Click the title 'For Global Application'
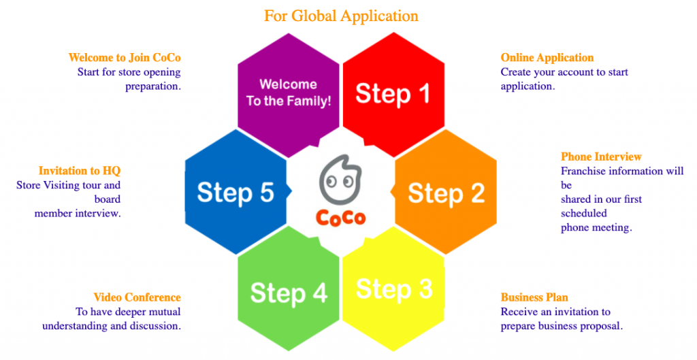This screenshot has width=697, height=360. (x=341, y=15)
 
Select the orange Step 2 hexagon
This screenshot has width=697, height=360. (x=446, y=193)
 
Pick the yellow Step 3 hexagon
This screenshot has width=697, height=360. (x=394, y=289)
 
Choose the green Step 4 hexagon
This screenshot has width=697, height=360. (x=289, y=292)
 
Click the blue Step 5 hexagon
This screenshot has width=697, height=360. (x=236, y=193)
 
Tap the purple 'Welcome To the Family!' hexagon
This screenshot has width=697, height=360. (x=289, y=93)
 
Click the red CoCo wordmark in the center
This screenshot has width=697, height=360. (x=340, y=217)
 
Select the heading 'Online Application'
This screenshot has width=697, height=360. (x=547, y=58)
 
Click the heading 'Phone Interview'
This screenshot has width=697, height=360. (x=601, y=157)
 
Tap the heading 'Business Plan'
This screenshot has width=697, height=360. (x=534, y=297)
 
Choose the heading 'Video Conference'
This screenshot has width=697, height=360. (x=137, y=297)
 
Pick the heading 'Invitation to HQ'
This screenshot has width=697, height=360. (x=80, y=171)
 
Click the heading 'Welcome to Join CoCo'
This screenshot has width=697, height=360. (x=125, y=58)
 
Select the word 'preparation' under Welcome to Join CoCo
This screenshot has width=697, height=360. (x=152, y=86)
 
